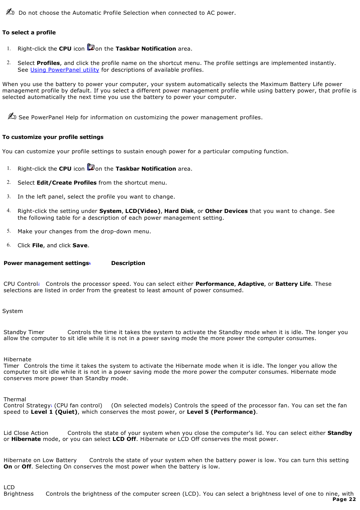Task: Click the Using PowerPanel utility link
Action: (65, 70)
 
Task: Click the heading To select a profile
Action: (29, 32)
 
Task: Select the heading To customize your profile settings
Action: (53, 137)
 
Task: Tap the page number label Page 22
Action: (344, 499)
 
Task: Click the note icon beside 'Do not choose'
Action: (10, 12)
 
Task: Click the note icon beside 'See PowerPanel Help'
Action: (12, 116)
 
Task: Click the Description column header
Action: (128, 263)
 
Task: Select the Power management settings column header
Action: (46, 263)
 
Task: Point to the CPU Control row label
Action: (21, 284)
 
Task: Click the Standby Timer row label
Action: (24, 332)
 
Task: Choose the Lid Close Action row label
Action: (26, 433)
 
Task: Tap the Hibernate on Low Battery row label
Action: (40, 460)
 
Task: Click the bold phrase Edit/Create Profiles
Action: (66, 183)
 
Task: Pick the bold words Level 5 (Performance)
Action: (221, 412)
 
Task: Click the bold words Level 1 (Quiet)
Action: (54, 412)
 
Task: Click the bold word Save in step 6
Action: (80, 245)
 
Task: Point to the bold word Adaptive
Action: (251, 284)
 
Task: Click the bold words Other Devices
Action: (226, 211)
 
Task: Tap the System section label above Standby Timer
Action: (12, 311)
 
